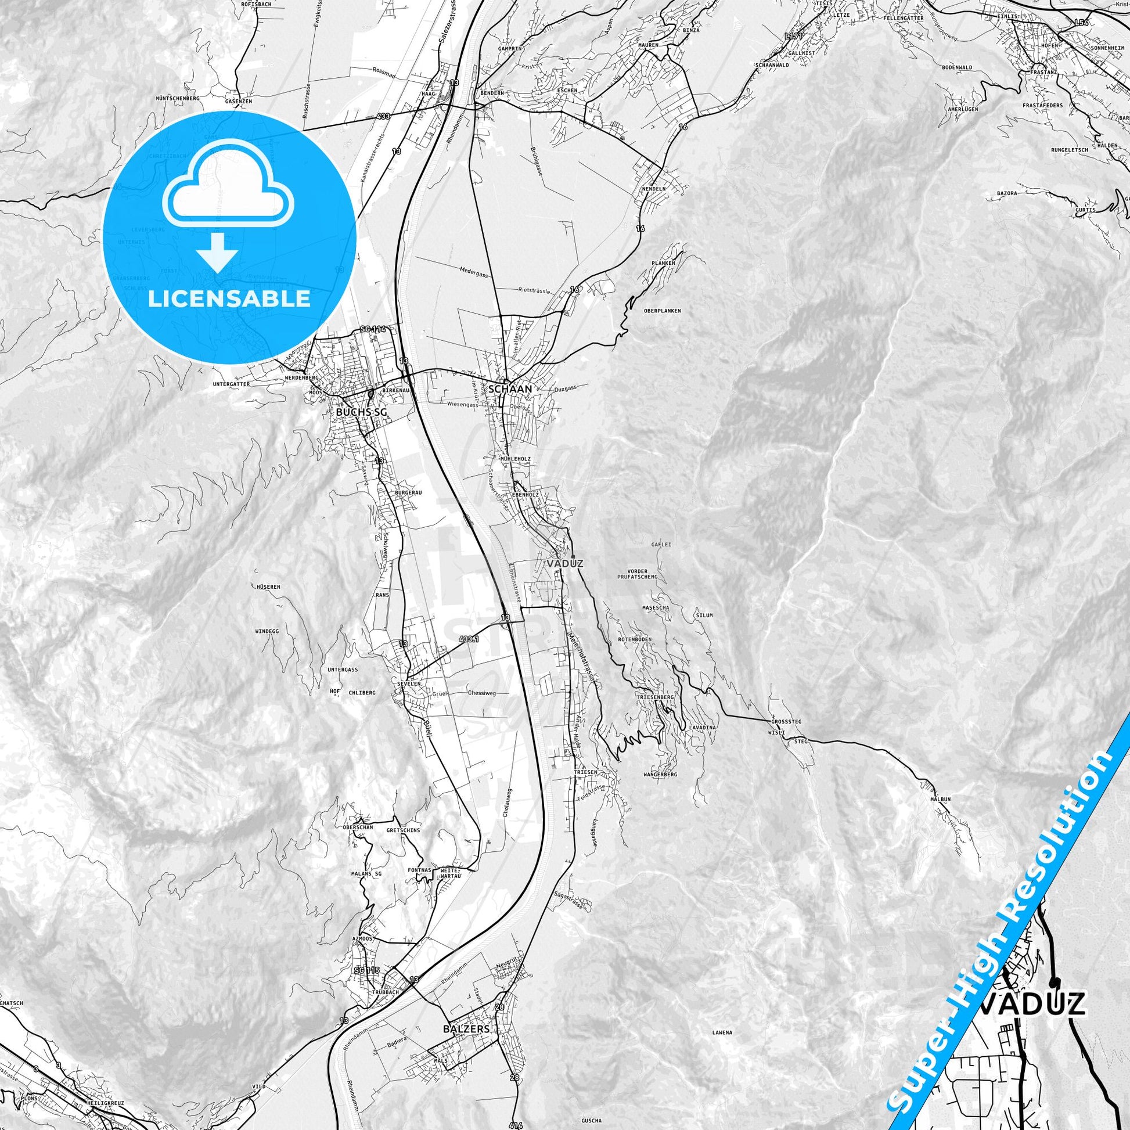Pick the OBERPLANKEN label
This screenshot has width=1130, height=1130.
coord(661,311)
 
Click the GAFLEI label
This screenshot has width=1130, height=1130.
coord(661,544)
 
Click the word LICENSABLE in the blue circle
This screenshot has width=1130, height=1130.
coord(229,299)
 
